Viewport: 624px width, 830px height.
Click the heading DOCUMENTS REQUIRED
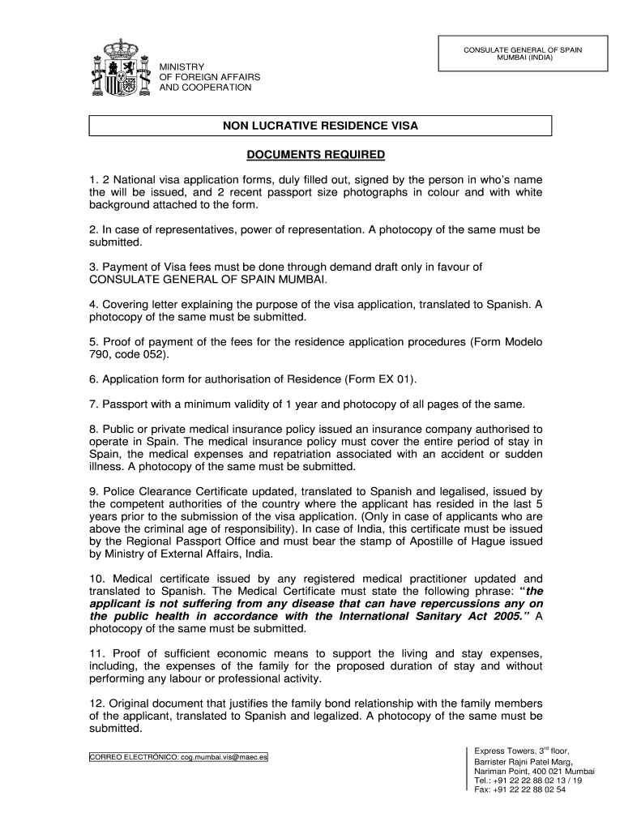click(315, 155)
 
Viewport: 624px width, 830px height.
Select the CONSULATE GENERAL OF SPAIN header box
click(523, 54)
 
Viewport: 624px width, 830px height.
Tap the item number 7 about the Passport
click(93, 404)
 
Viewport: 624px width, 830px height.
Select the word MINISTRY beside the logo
click(182, 66)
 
